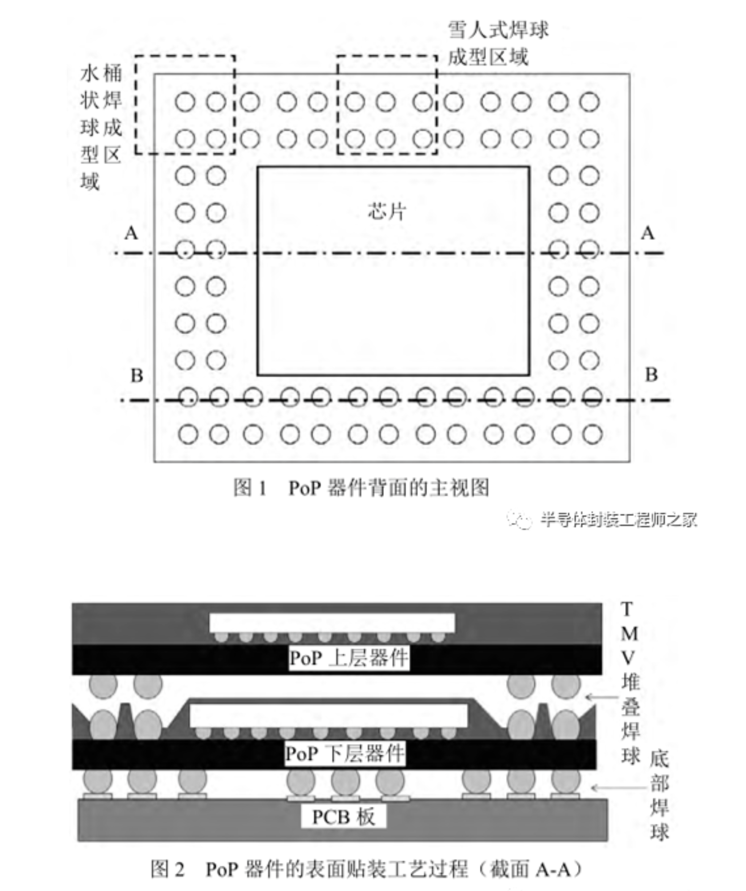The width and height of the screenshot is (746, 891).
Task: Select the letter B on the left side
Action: pyautogui.click(x=137, y=375)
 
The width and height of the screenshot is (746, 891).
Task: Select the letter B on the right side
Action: pyautogui.click(x=651, y=375)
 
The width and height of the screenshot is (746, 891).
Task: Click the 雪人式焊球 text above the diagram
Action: pyautogui.click(x=498, y=30)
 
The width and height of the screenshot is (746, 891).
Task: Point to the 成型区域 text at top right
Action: pyautogui.click(x=488, y=56)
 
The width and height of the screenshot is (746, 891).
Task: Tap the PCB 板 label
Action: pyautogui.click(x=343, y=817)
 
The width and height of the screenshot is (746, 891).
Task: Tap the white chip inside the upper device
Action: pyautogui.click(x=332, y=623)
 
